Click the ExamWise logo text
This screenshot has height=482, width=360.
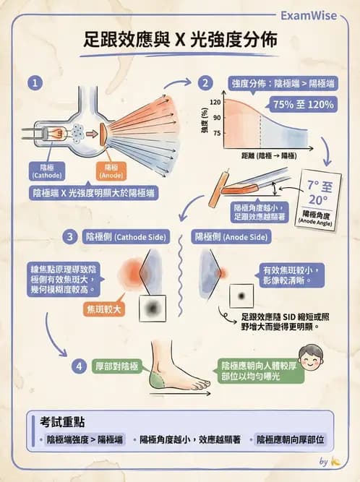316,14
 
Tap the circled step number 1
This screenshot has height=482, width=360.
33,83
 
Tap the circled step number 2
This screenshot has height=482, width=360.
206,83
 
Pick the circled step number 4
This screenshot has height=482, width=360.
80,366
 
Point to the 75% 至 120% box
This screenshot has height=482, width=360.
304,104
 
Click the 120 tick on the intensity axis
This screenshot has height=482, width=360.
215,103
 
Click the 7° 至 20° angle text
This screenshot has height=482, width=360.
317,191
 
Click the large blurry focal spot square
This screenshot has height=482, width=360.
152,309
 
